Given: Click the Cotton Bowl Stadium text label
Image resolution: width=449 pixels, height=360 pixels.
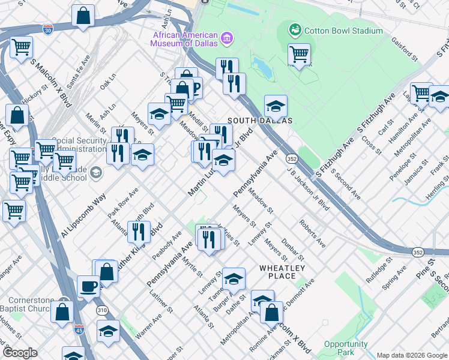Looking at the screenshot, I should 343,31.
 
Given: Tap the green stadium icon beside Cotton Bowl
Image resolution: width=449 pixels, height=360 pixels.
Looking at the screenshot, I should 295,29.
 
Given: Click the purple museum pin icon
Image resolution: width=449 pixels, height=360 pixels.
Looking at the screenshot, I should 226,40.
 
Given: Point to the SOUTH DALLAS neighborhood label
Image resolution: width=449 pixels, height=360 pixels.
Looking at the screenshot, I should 259,121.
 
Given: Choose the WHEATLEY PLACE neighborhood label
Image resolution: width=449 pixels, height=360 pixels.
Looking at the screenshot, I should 282,272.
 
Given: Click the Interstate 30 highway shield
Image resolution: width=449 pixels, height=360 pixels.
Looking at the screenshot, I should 48,28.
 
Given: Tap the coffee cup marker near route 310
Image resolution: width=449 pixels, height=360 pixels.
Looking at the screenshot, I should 89,286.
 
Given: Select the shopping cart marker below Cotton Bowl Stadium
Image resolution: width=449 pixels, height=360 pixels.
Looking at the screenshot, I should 299,55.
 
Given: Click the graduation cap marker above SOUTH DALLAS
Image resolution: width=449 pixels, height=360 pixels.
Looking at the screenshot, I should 276,106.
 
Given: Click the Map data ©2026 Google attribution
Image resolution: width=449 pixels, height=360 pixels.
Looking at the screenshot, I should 411,355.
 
